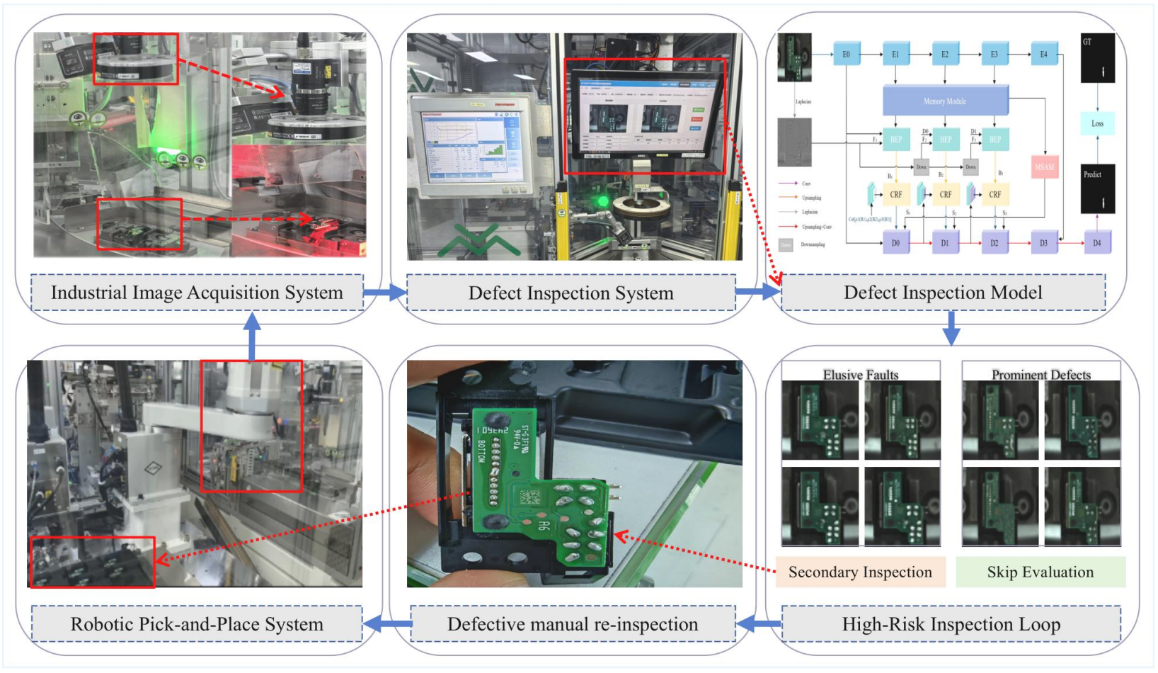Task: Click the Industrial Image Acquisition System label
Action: tap(197, 293)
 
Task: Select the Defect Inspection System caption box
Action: tap(571, 293)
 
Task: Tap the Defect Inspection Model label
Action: tap(943, 293)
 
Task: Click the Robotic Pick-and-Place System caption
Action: tap(197, 624)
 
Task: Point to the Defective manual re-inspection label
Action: tap(573, 624)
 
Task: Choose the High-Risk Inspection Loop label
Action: tap(951, 624)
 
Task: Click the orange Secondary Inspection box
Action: tap(860, 572)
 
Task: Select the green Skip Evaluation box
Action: tap(1040, 572)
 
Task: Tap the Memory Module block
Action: tap(945, 101)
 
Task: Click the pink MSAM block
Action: tap(1044, 167)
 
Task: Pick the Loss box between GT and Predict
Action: tap(1097, 123)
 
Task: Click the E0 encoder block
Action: tap(846, 55)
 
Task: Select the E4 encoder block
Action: tap(1043, 55)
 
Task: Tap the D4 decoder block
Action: tap(1096, 243)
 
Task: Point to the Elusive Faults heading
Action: tap(861, 375)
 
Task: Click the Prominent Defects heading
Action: tap(1041, 375)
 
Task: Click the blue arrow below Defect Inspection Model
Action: tap(951, 328)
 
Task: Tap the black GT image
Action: tap(1097, 58)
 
